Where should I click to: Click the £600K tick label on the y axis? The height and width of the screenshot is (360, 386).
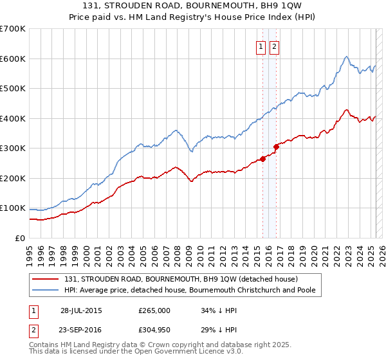coord(12,59)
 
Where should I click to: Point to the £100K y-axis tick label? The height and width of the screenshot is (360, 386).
coord(12,208)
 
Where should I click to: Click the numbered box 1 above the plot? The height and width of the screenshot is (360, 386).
coord(261,46)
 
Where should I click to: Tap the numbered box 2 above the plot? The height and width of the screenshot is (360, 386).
coord(274,46)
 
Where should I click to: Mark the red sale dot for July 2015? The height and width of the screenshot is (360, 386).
coord(262,159)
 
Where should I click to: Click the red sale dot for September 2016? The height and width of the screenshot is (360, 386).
coord(276,147)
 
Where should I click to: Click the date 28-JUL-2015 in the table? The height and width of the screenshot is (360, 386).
coord(81,310)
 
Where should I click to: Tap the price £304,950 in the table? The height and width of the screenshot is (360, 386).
coord(154,329)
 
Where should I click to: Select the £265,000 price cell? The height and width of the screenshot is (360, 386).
coord(154,310)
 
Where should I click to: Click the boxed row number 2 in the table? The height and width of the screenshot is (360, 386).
coord(32,329)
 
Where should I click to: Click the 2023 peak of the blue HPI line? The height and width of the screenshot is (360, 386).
coord(346,57)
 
